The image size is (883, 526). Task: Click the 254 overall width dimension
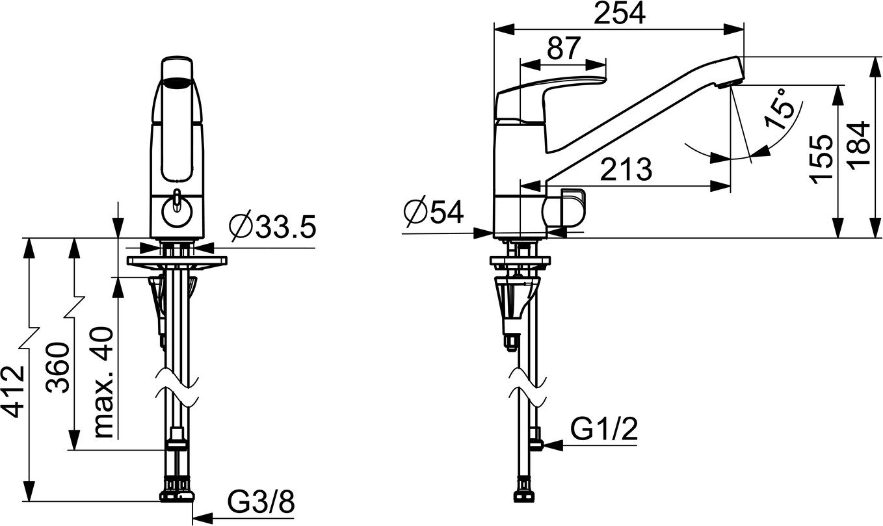point(619,14)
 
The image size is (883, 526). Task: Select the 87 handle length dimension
point(564,48)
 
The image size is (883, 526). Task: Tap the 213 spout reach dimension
point(626,169)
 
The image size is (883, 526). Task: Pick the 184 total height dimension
point(859,146)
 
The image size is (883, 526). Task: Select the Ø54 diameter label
point(434,212)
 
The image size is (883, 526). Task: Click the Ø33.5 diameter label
point(273,227)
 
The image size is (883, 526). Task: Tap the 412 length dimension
point(16,391)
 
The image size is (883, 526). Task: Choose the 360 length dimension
point(58,368)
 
